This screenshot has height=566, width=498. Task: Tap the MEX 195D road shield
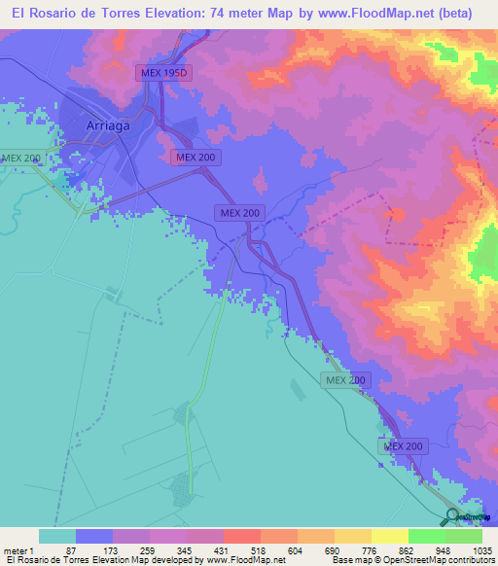(x=160, y=73)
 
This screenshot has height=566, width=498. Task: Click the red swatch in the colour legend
(x=241, y=536)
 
